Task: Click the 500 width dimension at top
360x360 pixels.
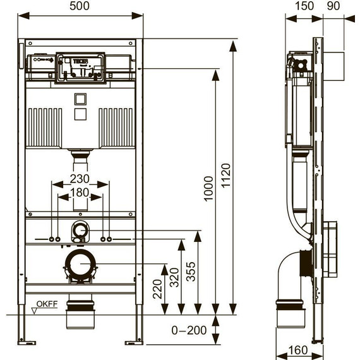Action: click(80, 6)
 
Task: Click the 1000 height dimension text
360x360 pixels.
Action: click(208, 188)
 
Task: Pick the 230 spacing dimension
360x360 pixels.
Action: click(80, 179)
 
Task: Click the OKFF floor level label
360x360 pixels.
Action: click(47, 304)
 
